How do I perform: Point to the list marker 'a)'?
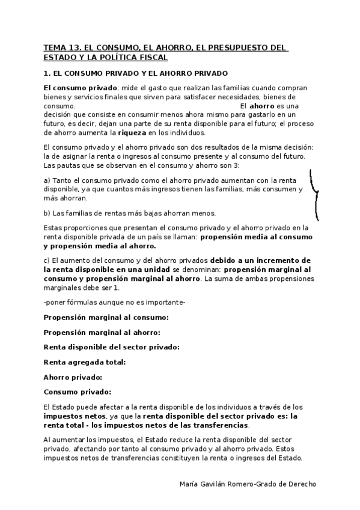[x=47, y=179]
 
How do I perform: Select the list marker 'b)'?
[x=47, y=213]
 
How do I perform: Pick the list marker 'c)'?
[x=47, y=260]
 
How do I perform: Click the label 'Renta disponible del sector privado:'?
[x=111, y=346]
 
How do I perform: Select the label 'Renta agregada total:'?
[x=85, y=362]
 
